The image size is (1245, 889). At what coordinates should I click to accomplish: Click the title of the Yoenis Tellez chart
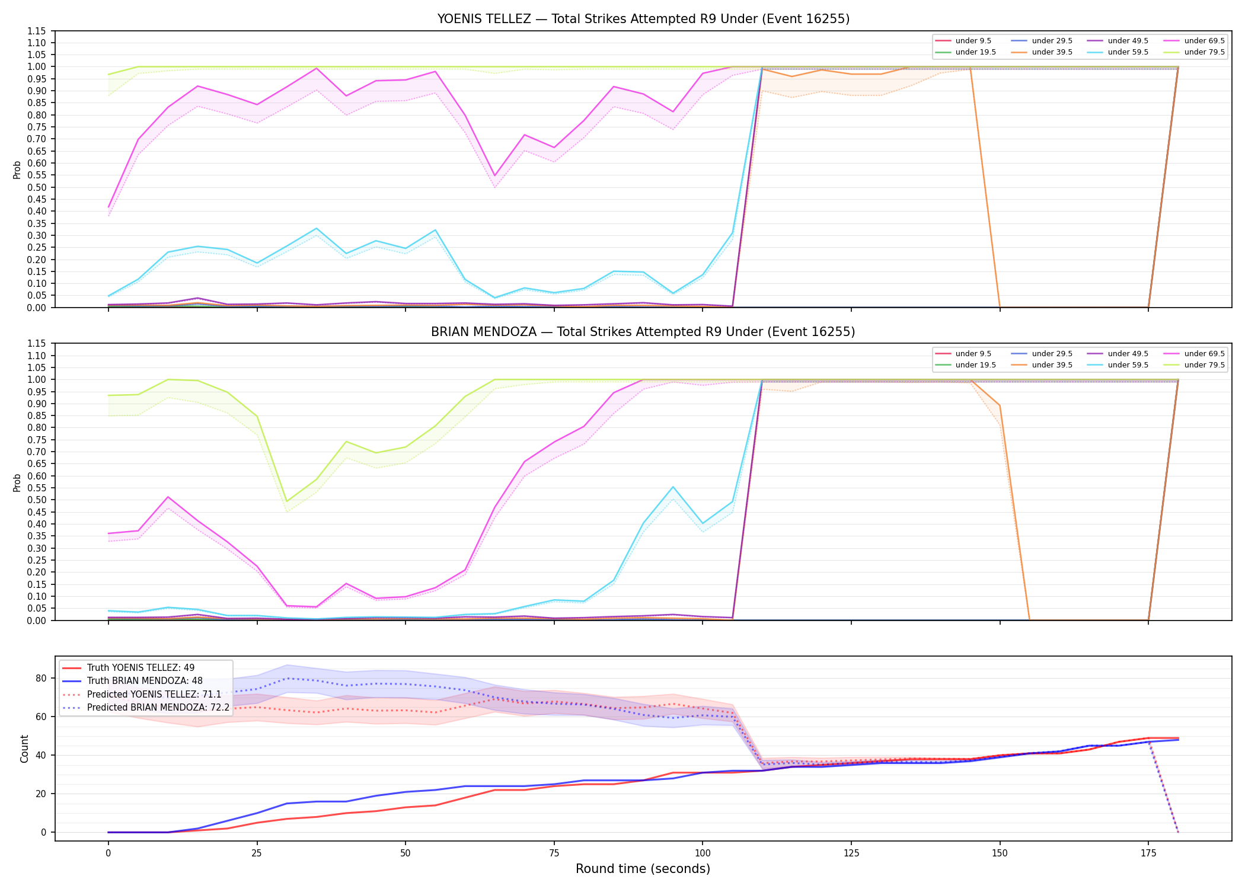(x=643, y=19)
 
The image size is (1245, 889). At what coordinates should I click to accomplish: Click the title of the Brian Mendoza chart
(x=643, y=332)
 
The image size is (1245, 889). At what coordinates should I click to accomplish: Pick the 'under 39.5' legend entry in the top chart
(x=1044, y=52)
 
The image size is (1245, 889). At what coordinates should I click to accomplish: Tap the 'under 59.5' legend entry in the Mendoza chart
(x=1120, y=365)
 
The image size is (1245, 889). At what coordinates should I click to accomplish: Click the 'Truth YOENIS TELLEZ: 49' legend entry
(x=128, y=668)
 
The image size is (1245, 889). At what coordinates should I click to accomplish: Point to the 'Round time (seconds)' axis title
(x=643, y=869)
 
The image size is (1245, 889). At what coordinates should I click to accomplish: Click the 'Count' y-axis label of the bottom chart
(x=24, y=749)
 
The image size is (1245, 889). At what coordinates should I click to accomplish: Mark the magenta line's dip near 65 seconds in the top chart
(x=494, y=176)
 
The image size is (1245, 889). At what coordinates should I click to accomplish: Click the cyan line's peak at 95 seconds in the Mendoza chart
(x=673, y=487)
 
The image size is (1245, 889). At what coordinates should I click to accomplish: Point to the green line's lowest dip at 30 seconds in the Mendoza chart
(x=287, y=502)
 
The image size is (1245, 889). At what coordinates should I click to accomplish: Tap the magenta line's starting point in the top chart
(x=108, y=207)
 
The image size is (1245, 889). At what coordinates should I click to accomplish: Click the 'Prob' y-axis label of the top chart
(x=17, y=170)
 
